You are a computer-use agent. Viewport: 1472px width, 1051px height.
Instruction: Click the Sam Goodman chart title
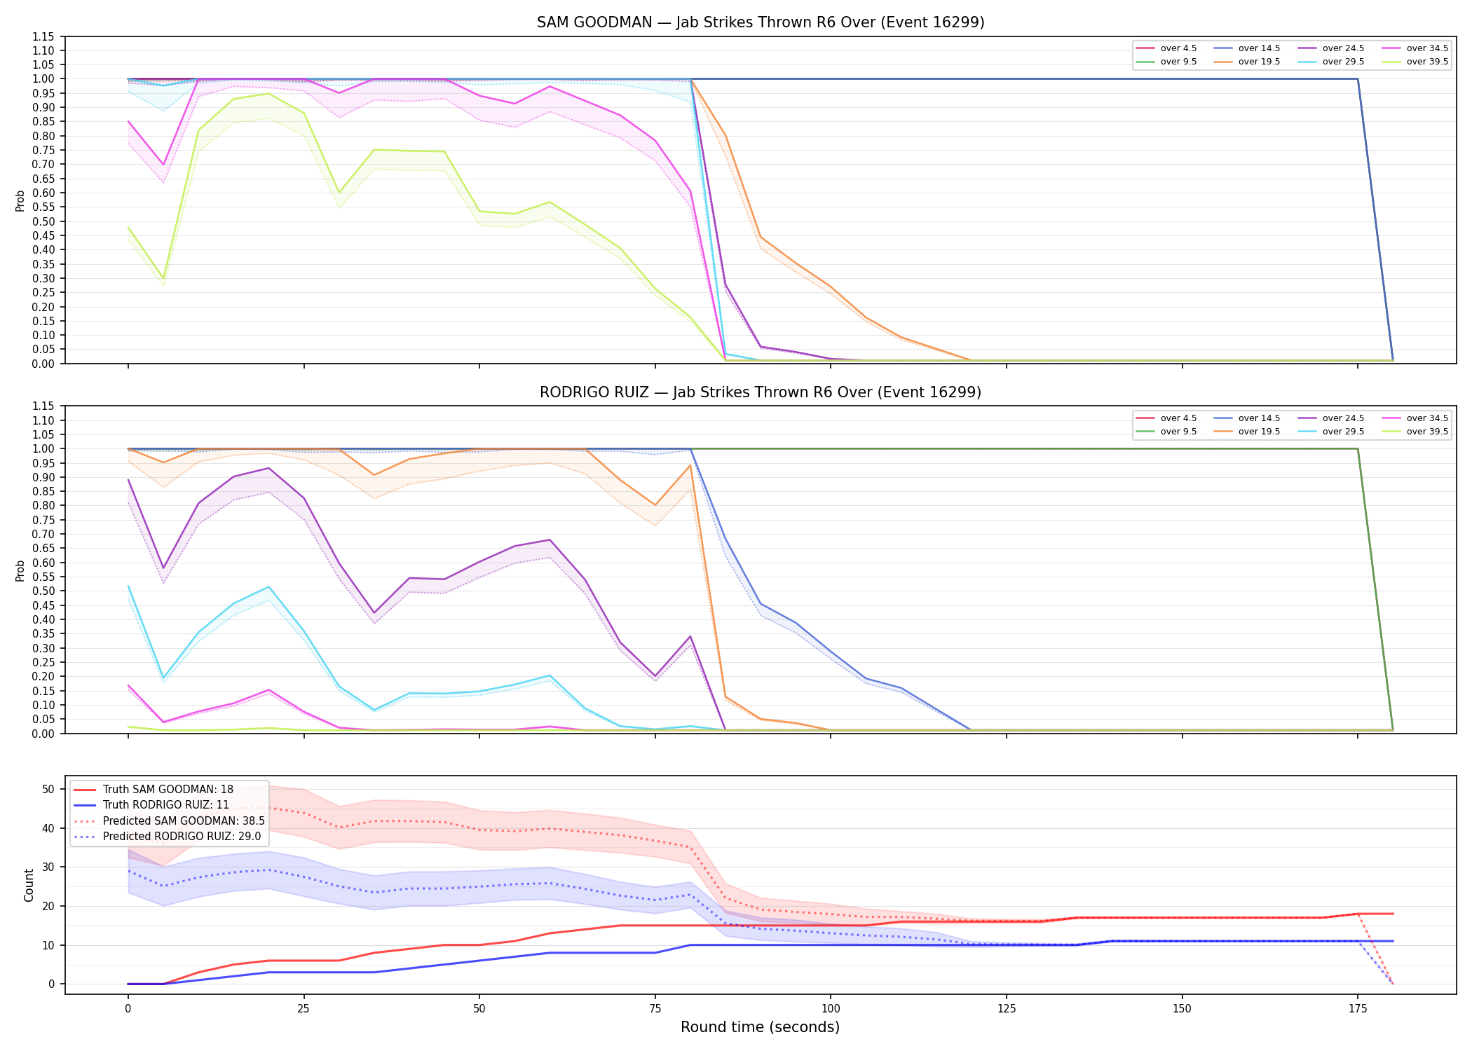[x=761, y=22]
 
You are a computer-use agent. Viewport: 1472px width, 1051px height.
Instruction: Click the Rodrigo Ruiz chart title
[x=761, y=392]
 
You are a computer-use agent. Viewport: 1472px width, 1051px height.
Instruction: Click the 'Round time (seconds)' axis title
[x=760, y=1027]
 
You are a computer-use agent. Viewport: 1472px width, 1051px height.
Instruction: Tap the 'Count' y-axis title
[x=29, y=885]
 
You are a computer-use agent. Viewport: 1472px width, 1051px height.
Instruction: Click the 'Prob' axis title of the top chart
[x=20, y=200]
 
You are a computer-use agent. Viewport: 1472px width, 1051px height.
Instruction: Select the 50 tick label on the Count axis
[x=48, y=789]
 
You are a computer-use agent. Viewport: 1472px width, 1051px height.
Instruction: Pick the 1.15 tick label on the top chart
[x=43, y=36]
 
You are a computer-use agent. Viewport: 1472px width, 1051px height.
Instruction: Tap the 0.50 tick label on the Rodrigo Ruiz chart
[x=43, y=591]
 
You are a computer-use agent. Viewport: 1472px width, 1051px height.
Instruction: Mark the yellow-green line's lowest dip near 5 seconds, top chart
[x=163, y=278]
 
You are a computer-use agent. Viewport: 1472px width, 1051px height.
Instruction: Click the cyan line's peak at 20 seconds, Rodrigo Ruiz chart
[x=268, y=587]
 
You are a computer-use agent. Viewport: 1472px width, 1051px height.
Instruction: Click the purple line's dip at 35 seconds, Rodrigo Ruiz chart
[x=374, y=613]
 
